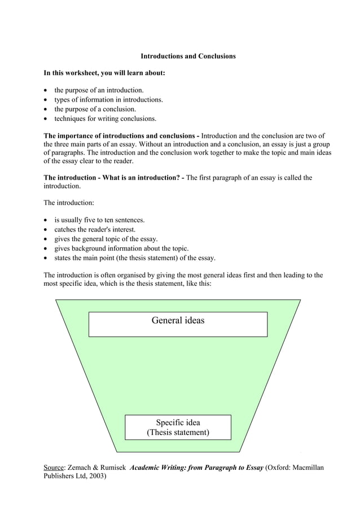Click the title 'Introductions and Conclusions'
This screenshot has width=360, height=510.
(x=188, y=56)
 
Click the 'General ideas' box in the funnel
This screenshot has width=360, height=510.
(x=178, y=324)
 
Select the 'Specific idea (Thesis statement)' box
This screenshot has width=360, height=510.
(x=178, y=428)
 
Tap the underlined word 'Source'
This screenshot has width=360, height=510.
(x=54, y=468)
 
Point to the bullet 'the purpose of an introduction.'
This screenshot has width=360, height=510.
(x=99, y=90)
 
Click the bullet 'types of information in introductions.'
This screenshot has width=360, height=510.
(x=108, y=99)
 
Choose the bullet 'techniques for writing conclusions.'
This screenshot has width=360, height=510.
(x=105, y=119)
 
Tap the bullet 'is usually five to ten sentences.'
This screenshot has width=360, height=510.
(x=99, y=220)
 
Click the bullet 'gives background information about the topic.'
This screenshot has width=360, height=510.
(x=121, y=249)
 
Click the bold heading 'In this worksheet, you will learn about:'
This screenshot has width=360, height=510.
(x=104, y=73)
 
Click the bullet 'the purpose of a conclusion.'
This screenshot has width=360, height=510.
(x=95, y=109)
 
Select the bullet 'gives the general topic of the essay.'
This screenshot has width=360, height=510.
(x=106, y=239)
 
